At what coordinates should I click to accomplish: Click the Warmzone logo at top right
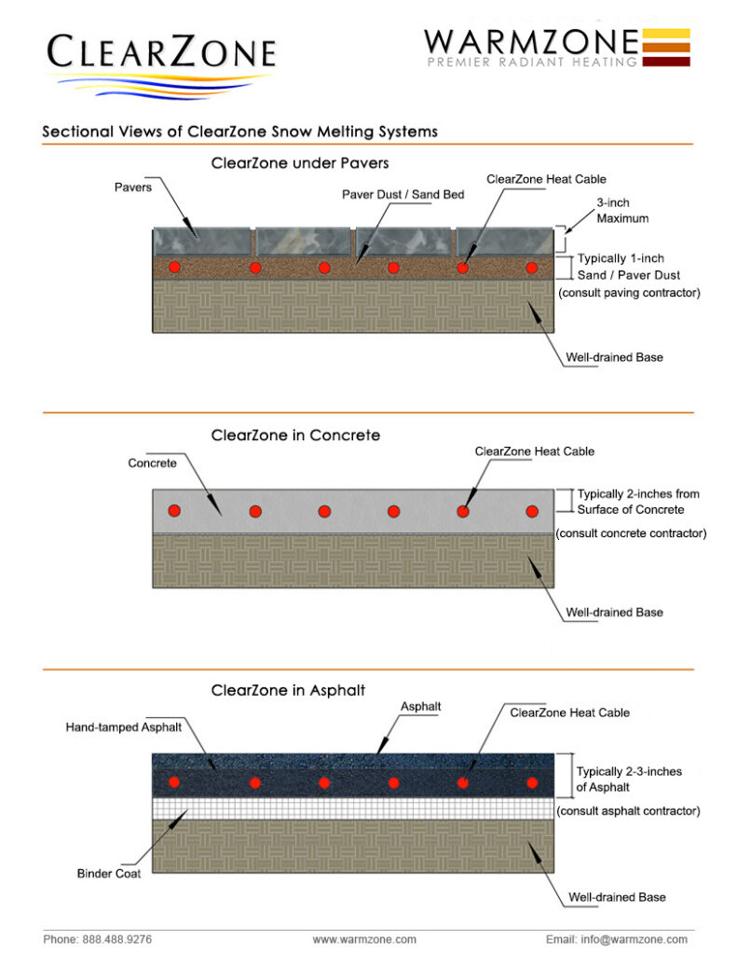(x=556, y=47)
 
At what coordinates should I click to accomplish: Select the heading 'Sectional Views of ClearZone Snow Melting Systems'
(x=239, y=131)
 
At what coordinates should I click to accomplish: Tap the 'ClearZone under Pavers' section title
(x=300, y=163)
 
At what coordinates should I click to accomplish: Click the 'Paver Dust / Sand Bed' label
(x=402, y=195)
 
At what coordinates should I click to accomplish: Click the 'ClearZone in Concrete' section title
(x=295, y=436)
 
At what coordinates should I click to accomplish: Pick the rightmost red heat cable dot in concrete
(x=532, y=511)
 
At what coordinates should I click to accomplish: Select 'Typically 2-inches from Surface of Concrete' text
(x=637, y=501)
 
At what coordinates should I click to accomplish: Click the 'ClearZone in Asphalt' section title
(x=288, y=691)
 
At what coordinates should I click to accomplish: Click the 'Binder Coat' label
(x=109, y=874)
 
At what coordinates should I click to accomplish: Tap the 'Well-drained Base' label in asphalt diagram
(x=617, y=897)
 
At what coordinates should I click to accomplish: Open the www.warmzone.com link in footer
(x=364, y=939)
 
